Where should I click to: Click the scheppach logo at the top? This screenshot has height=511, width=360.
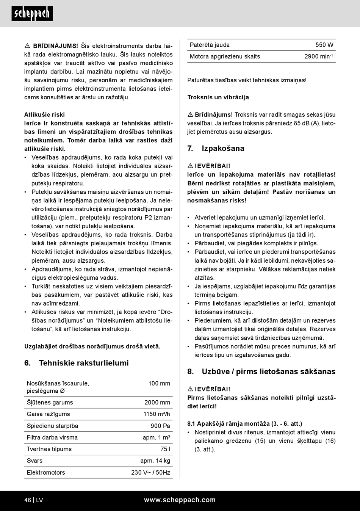pos(32,14)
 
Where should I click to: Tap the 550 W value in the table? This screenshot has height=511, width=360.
pos(324,45)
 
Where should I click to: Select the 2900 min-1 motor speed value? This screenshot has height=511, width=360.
pos(318,57)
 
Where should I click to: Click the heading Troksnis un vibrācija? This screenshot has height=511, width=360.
pos(218,97)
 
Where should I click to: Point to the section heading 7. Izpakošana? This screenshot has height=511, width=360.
pos(216,149)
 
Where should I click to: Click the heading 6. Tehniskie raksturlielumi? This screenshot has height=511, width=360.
pos(77,363)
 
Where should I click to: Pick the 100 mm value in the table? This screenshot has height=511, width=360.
pos(159,384)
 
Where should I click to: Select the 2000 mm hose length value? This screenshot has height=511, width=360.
pos(157,403)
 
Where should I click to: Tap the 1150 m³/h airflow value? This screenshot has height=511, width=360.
pos(157,414)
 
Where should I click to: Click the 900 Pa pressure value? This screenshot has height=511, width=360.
pos(160,426)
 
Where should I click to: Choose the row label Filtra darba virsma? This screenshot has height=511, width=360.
pos(52,438)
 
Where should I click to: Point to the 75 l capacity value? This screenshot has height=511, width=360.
pos(165,449)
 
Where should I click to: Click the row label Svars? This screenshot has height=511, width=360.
pos(34,461)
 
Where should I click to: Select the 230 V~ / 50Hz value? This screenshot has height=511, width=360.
pos(151,473)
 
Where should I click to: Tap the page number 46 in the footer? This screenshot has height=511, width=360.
pos(28,500)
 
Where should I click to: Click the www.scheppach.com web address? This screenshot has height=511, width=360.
pos(180,500)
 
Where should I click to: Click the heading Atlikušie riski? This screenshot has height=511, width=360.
pos(44,114)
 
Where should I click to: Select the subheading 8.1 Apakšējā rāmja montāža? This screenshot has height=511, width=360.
pos(244,424)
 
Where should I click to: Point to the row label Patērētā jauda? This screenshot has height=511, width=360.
pos(210,45)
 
